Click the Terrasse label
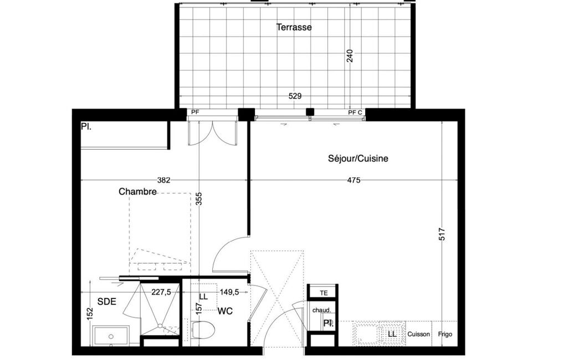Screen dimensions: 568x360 click(294, 27)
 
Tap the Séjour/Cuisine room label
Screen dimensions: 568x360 click(358, 158)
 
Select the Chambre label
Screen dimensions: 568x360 click(137, 192)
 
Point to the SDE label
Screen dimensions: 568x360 click(107, 301)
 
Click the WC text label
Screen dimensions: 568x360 click(225, 311)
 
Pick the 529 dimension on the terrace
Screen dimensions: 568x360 click(295, 96)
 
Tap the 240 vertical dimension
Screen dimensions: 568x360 click(350, 56)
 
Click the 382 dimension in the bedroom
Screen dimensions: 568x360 click(163, 180)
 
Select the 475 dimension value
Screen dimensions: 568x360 click(354, 180)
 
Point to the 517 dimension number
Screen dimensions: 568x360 click(442, 234)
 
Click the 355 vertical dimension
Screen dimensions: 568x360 click(199, 199)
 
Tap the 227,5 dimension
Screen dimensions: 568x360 click(161, 292)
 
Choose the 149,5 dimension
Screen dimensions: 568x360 click(229, 292)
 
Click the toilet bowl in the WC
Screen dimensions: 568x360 click(203, 330)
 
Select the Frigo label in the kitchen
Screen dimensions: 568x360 click(445, 334)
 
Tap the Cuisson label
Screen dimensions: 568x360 click(419, 334)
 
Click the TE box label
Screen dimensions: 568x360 click(324, 293)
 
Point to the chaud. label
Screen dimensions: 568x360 click(321, 310)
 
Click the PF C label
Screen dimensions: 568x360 click(355, 112)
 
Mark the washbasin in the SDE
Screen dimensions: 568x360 click(111, 336)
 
